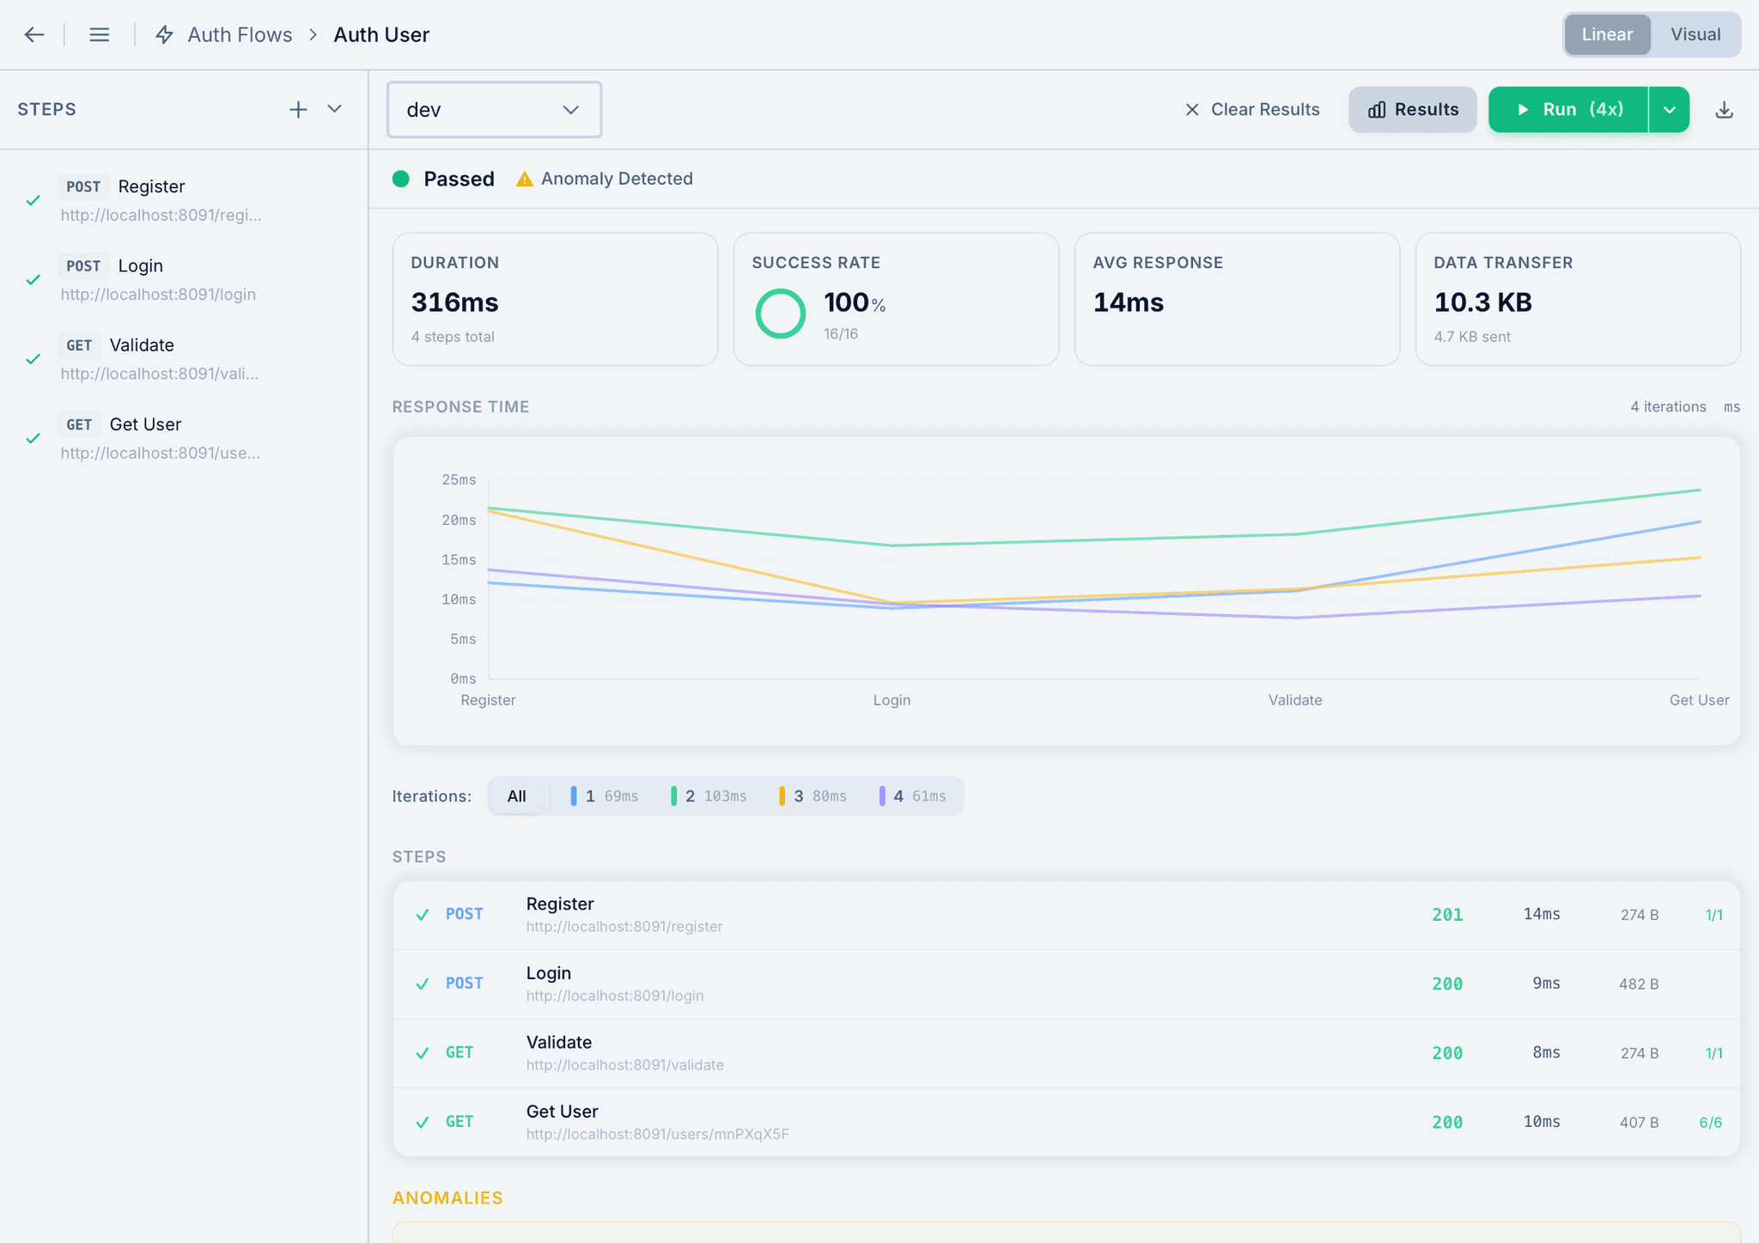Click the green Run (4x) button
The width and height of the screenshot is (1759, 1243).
pos(1568,109)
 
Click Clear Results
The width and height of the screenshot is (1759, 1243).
pos(1252,109)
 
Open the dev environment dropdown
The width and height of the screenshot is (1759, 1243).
pos(494,109)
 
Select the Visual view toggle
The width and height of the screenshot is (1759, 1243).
pos(1695,34)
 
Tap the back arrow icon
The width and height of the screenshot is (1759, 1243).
pos(34,34)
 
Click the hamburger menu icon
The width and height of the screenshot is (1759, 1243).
pos(100,34)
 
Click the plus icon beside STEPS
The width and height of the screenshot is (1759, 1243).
pos(298,109)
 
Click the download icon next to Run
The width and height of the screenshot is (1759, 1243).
pos(1724,109)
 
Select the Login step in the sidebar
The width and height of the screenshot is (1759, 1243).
pos(141,266)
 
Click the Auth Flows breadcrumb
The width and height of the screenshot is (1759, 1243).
pos(240,34)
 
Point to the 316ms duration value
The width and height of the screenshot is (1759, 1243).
pos(454,302)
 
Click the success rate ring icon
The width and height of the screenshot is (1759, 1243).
pos(780,314)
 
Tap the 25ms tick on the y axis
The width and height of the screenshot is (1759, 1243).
pos(459,479)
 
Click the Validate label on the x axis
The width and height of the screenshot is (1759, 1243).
pos(1295,700)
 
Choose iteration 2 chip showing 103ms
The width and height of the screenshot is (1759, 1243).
pos(709,796)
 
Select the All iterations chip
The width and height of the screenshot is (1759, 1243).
pos(516,796)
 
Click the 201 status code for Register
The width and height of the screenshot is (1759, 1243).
pos(1447,915)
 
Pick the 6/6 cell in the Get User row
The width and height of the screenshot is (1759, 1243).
pos(1710,1123)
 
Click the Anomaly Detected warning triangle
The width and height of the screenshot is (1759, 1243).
pos(524,179)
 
